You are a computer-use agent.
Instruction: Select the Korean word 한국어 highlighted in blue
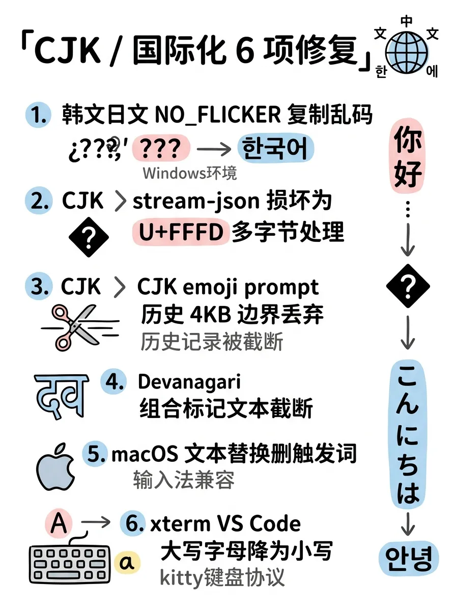[275, 148]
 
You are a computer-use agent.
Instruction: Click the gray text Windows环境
[189, 173]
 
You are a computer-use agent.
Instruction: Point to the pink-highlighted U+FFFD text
[181, 232]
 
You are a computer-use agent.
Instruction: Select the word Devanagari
[189, 381]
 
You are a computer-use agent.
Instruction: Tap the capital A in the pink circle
[59, 523]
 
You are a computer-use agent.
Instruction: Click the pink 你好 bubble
[408, 157]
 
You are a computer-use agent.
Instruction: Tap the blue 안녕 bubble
[408, 559]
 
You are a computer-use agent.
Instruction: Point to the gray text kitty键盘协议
[222, 577]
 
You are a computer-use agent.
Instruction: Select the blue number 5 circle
[96, 453]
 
